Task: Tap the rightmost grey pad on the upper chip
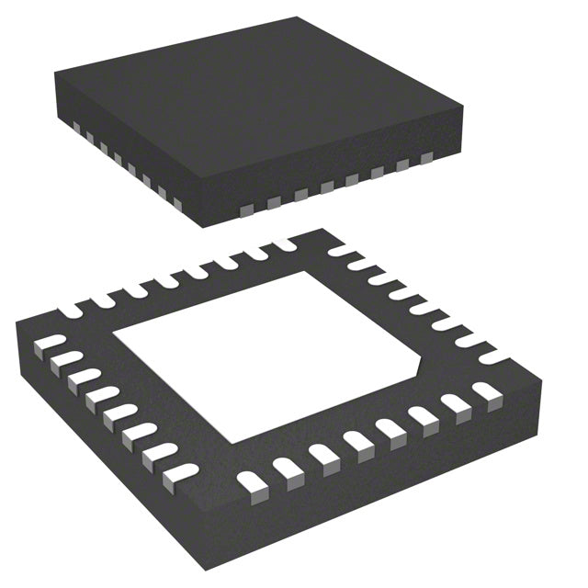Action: coord(425,159)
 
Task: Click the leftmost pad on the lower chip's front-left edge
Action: coord(43,346)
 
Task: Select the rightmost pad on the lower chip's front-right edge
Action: coord(485,392)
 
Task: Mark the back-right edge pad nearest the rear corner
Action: coord(338,250)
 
